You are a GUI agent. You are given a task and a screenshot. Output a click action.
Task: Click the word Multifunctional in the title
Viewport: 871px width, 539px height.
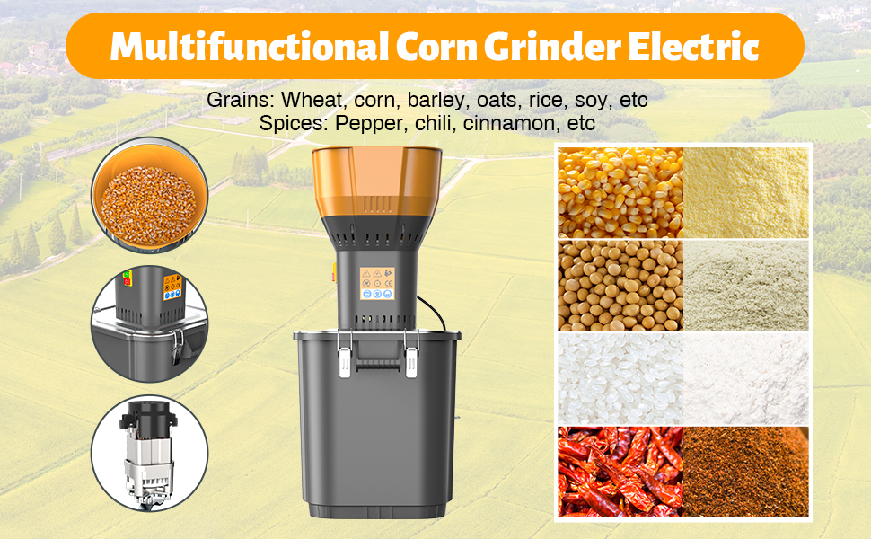249,46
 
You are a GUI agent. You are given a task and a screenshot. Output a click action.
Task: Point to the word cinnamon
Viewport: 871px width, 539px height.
509,123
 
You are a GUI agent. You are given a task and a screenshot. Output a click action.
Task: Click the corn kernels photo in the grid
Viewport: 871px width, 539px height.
620,192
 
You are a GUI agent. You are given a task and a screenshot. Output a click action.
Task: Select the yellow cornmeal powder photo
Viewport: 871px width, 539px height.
746,192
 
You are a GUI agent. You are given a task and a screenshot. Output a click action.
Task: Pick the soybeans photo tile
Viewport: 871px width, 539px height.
620,286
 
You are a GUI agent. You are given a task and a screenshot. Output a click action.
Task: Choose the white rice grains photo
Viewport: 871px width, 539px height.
620,379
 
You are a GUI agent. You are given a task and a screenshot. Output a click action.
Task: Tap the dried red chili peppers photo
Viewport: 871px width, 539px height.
620,472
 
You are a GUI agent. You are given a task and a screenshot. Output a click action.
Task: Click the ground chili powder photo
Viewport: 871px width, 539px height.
746,472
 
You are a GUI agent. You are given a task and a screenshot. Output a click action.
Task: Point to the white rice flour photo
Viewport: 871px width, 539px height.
746,379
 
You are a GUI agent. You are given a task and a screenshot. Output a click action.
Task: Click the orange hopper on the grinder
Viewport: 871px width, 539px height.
376,182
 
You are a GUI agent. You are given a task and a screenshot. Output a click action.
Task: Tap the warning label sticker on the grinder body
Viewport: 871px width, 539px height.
377,283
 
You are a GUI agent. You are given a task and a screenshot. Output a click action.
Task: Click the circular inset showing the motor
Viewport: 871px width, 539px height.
149,454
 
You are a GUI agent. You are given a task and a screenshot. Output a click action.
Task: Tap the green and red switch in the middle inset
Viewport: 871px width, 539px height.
128,278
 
